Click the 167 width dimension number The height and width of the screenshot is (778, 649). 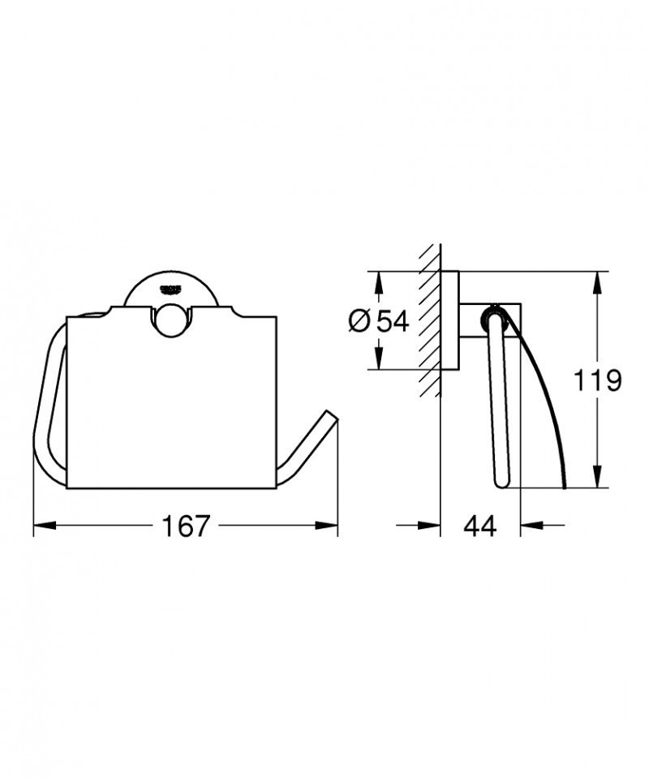(x=185, y=526)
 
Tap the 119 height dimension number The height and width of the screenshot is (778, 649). (x=598, y=380)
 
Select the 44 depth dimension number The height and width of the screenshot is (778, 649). (x=479, y=526)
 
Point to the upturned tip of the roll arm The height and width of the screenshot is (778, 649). (x=331, y=415)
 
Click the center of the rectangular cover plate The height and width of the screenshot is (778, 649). (x=171, y=402)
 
